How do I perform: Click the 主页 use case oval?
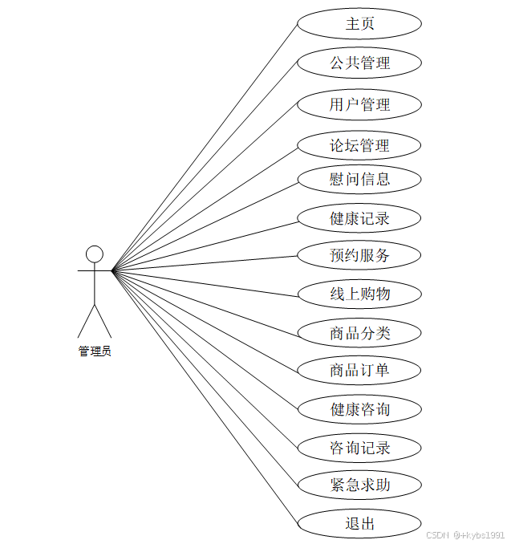point(359,24)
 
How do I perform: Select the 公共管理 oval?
point(359,63)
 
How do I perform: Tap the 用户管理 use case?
point(359,104)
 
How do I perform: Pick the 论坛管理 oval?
point(359,146)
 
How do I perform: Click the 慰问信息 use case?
point(359,179)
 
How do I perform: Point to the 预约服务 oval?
point(359,256)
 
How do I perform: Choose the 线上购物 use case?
point(359,294)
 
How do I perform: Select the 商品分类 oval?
point(359,333)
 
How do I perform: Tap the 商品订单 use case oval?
point(359,370)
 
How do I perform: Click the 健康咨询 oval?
point(359,409)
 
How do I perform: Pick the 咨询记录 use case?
point(359,448)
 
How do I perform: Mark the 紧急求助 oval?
point(359,485)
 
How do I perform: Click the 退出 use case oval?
point(359,524)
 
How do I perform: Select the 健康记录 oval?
point(359,217)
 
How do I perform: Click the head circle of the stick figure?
point(95,254)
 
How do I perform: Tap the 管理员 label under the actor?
point(95,351)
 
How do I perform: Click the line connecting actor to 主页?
point(205,147)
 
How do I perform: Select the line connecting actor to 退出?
point(205,397)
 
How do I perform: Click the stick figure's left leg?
point(86,321)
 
